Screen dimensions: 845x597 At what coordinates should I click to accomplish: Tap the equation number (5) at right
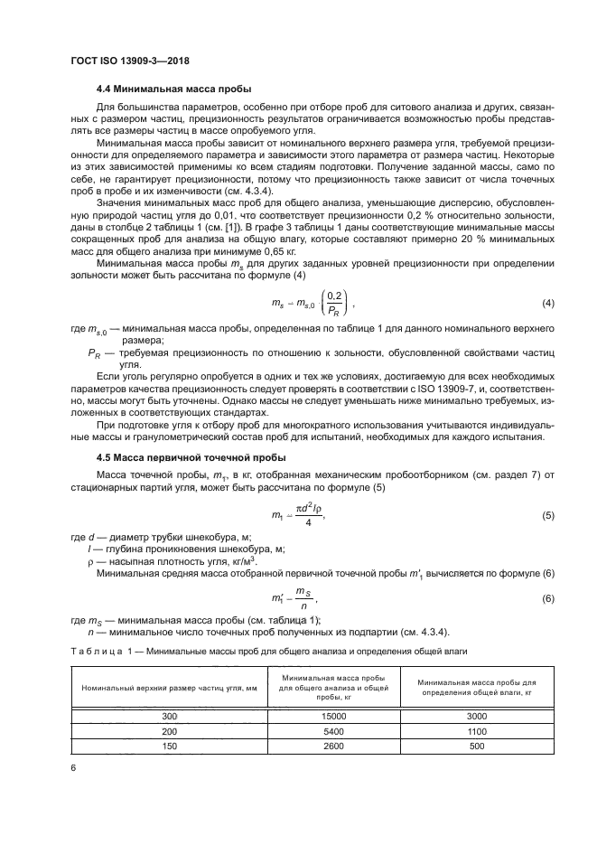546,515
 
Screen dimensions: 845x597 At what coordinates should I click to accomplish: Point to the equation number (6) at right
546,599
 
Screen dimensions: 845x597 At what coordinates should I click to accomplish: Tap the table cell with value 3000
477,716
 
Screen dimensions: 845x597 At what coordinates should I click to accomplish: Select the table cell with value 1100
477,731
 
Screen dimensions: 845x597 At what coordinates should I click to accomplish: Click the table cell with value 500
477,746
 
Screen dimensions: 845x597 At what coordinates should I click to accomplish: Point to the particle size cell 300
170,716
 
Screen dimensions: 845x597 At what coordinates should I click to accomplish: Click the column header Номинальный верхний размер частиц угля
170,689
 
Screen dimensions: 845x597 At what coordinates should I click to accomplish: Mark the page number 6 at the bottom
73,767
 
